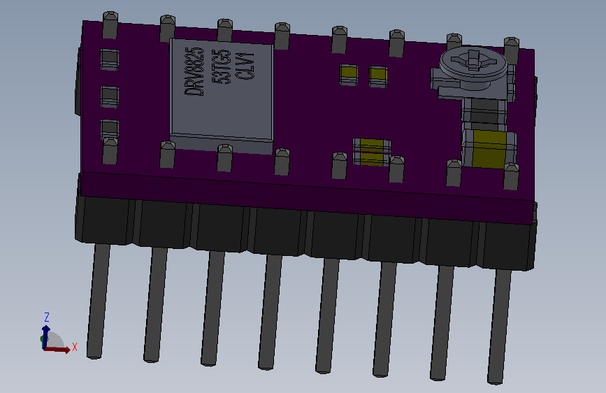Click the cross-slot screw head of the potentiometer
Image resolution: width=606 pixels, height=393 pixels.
[x=473, y=60]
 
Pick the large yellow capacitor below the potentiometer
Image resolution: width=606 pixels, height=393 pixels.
[x=489, y=150]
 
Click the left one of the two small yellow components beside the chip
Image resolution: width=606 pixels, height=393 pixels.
[x=348, y=74]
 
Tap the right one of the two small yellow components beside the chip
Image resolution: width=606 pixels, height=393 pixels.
[x=378, y=76]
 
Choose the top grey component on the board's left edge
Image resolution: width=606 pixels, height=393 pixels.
[x=110, y=59]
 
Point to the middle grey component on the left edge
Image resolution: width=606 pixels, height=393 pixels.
[x=110, y=97]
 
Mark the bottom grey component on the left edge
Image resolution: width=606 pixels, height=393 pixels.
[x=110, y=129]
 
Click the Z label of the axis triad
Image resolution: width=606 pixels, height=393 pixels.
[x=46, y=316]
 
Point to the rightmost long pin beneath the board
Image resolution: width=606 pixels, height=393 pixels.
[x=499, y=325]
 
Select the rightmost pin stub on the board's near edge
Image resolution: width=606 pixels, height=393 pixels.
[x=512, y=176]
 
